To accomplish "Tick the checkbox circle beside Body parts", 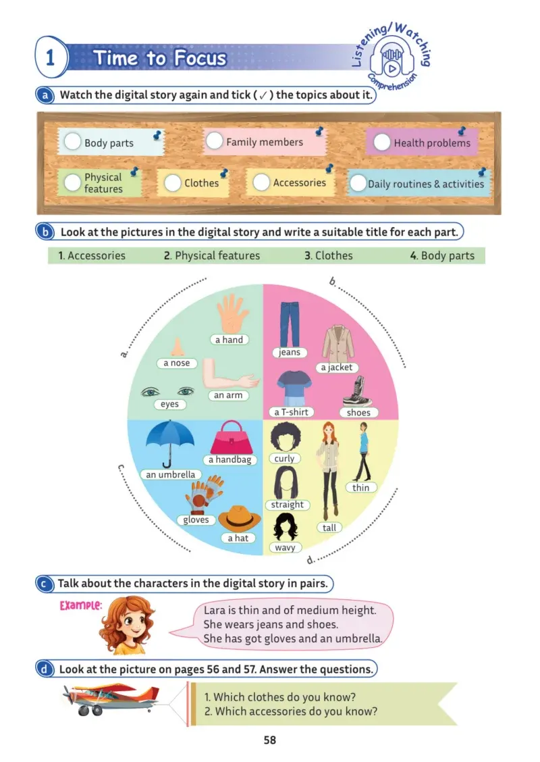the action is tap(73, 141).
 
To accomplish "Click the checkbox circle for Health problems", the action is tap(381, 143).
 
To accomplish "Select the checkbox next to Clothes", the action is tap(172, 182).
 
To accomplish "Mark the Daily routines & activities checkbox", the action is tap(358, 183).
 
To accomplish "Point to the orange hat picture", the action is tap(240, 518).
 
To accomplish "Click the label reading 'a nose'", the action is tap(177, 363).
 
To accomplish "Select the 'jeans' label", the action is tap(290, 353).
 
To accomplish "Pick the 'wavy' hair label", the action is tap(285, 548).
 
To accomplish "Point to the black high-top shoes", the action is tap(358, 391).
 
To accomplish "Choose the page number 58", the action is tap(270, 740).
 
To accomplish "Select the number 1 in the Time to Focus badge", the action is tap(49, 58).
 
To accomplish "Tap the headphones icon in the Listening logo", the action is tap(391, 59).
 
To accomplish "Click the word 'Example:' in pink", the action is tap(80, 605).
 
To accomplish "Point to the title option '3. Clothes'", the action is tap(329, 255).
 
